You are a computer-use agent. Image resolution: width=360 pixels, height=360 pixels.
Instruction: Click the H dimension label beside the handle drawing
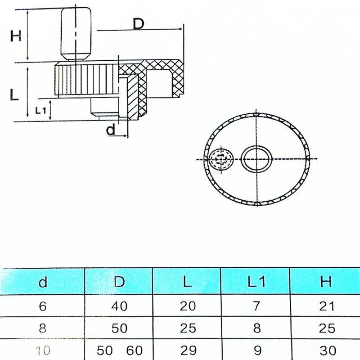pyautogui.click(x=16, y=36)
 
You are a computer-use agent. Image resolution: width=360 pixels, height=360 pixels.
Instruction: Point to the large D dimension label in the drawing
pyautogui.click(x=138, y=23)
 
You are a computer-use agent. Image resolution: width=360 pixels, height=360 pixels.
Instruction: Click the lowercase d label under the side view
pyautogui.click(x=111, y=130)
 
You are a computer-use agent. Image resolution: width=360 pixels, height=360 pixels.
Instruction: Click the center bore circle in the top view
pyautogui.click(x=256, y=159)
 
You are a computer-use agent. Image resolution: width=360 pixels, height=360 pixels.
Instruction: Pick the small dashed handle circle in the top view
pyautogui.click(x=221, y=159)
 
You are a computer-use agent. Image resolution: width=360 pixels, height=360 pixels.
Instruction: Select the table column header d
pyautogui.click(x=43, y=282)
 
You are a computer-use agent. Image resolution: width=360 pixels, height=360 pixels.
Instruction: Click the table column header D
pyautogui.click(x=119, y=282)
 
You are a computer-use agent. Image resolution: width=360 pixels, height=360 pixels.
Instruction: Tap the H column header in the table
pyautogui.click(x=326, y=282)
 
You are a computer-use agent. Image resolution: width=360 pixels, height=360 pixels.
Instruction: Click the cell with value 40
pyautogui.click(x=119, y=306)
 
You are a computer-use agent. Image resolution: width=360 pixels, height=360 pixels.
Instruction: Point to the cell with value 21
pyautogui.click(x=326, y=306)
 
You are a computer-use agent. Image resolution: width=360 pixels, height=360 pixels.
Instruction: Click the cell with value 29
pyautogui.click(x=187, y=349)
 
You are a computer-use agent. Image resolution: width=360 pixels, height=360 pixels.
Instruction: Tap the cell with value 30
pyautogui.click(x=326, y=349)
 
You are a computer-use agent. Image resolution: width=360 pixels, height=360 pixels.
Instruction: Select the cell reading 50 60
pyautogui.click(x=119, y=349)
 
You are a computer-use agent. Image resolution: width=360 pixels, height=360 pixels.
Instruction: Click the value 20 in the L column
pyautogui.click(x=187, y=306)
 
